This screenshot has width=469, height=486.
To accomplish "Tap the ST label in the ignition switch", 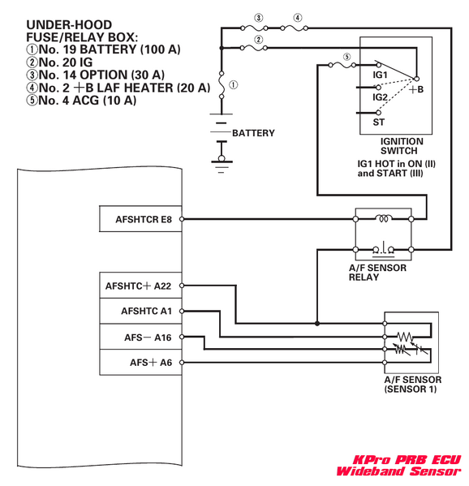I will pos(378,123).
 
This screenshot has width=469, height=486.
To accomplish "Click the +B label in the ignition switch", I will pos(416,90).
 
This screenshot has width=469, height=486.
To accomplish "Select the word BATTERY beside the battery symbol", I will pos(253,133).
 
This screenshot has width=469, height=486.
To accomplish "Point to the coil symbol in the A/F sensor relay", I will pos(383,217).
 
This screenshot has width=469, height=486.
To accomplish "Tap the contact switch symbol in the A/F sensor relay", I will pos(383,247).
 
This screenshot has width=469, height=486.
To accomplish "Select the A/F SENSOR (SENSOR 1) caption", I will pos(410,384).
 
